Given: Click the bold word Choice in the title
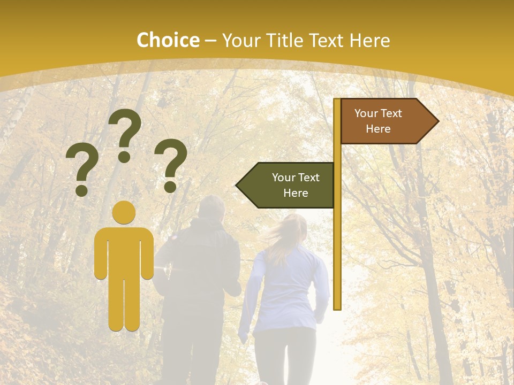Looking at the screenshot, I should (168, 40).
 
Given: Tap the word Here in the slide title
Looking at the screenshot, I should (369, 40).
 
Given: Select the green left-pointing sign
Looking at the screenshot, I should (286, 185).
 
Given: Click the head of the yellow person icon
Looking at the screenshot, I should (124, 213).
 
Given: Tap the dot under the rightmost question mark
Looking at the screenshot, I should (170, 187).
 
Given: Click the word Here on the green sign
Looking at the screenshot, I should (296, 193).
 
